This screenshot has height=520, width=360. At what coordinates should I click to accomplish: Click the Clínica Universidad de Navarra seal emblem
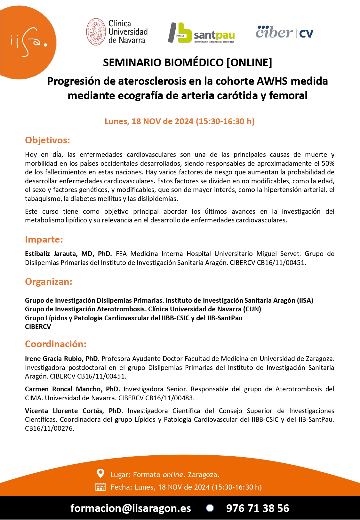click(x=96, y=32)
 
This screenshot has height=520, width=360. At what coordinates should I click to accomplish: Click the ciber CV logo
click(x=284, y=32)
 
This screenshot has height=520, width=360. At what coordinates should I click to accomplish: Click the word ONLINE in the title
click(x=250, y=62)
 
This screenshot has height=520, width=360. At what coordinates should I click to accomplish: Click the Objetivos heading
click(x=47, y=140)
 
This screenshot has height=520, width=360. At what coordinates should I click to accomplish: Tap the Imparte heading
click(x=44, y=239)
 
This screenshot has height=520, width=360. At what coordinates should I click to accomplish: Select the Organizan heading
click(x=49, y=282)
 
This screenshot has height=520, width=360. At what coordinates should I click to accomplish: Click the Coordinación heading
click(x=56, y=344)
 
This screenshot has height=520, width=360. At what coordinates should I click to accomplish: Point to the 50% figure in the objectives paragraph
click(x=327, y=164)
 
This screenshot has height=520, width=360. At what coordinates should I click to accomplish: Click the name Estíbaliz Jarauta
click(x=51, y=254)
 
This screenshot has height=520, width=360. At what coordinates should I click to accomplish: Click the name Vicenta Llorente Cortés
click(x=66, y=411)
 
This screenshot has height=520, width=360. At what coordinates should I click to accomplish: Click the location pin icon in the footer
click(x=100, y=473)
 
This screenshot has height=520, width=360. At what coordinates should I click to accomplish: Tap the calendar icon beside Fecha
click(x=100, y=487)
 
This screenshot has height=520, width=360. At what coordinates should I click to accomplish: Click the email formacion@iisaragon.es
click(x=131, y=508)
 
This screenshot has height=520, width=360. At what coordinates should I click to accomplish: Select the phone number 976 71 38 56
click(x=258, y=508)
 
